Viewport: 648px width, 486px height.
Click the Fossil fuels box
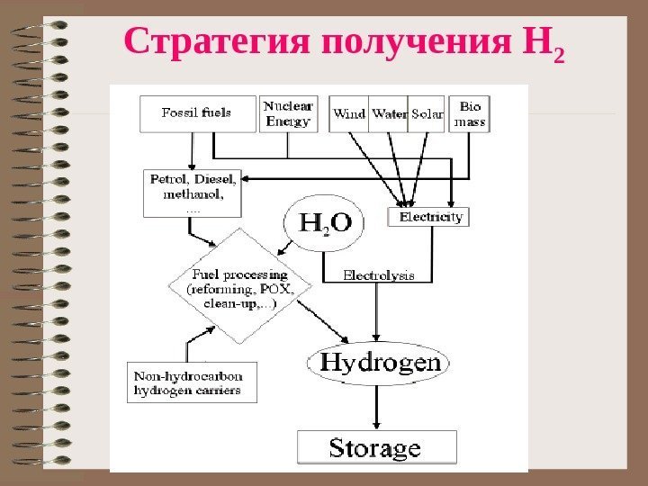[x=197, y=113]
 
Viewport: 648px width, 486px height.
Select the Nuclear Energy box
[x=287, y=113]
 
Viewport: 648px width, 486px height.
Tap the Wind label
[x=349, y=114]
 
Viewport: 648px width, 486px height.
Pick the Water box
[x=389, y=114]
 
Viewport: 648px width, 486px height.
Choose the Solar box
[x=427, y=114]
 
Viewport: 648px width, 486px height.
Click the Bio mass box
[x=469, y=113]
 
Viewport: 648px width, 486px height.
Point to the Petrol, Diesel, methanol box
[x=193, y=193]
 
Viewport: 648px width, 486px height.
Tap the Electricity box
[x=430, y=217]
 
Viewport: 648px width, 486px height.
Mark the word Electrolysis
[x=379, y=276]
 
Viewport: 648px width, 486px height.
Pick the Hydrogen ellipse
[x=381, y=363]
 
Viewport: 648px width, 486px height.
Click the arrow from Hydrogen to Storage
[x=377, y=410]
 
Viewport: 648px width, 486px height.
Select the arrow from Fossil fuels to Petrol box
[x=192, y=150]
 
